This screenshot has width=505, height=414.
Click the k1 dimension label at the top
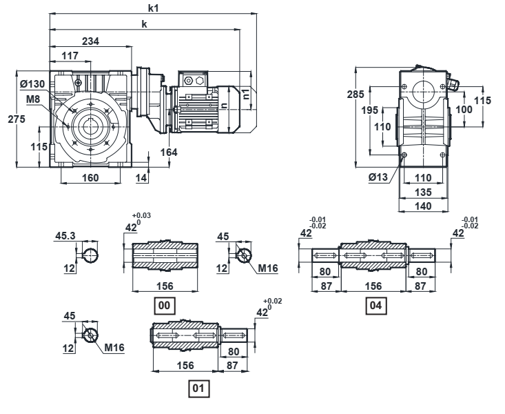pyautogui.click(x=154, y=8)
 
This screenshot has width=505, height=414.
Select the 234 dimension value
pyautogui.click(x=90, y=41)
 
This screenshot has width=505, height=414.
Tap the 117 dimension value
pyautogui.click(x=70, y=56)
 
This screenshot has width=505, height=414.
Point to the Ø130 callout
pyautogui.click(x=32, y=84)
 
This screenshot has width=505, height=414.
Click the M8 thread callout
pyautogui.click(x=33, y=99)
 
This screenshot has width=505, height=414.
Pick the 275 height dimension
pyautogui.click(x=17, y=119)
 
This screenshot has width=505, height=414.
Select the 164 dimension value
pyautogui.click(x=169, y=152)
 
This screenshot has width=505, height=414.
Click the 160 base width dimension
pyautogui.click(x=90, y=178)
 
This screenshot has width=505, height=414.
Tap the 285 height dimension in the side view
pyautogui.click(x=355, y=95)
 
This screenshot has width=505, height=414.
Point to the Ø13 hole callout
pyautogui.click(x=378, y=177)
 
